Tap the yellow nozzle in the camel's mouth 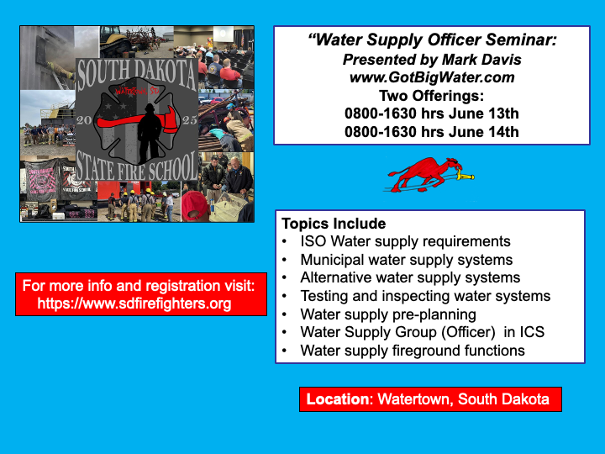click(x=466, y=177)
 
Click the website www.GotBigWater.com click(x=432, y=77)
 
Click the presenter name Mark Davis click(x=481, y=60)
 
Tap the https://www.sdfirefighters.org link click(x=134, y=304)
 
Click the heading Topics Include click(x=334, y=224)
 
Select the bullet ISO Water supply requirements click(x=405, y=241)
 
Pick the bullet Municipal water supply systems click(x=407, y=260)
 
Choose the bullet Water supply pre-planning click(x=388, y=314)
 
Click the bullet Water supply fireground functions click(x=413, y=351)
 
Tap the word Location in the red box click(x=338, y=399)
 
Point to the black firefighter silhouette click(x=150, y=133)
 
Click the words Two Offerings click(x=431, y=95)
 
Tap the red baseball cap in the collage click(x=194, y=205)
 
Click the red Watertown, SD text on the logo click(x=137, y=91)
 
